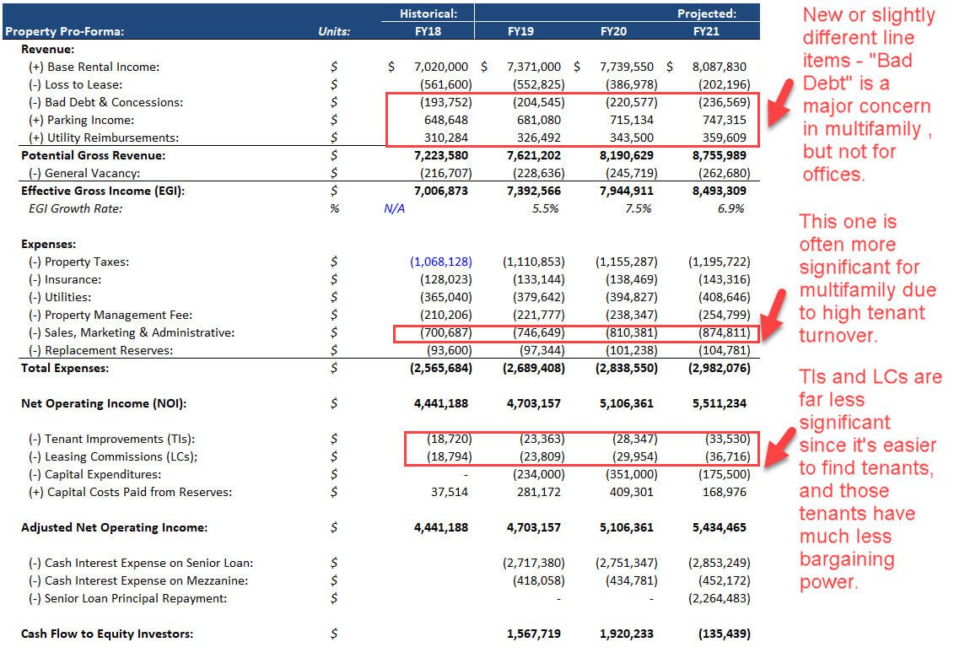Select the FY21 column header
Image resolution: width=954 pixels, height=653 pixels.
coord(706,31)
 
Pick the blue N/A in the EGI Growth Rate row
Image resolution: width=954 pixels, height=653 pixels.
coord(394,208)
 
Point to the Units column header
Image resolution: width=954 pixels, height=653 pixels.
coord(334,31)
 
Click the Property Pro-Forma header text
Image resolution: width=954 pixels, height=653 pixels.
coord(64,31)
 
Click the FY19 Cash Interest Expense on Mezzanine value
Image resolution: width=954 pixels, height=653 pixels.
coord(538,580)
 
